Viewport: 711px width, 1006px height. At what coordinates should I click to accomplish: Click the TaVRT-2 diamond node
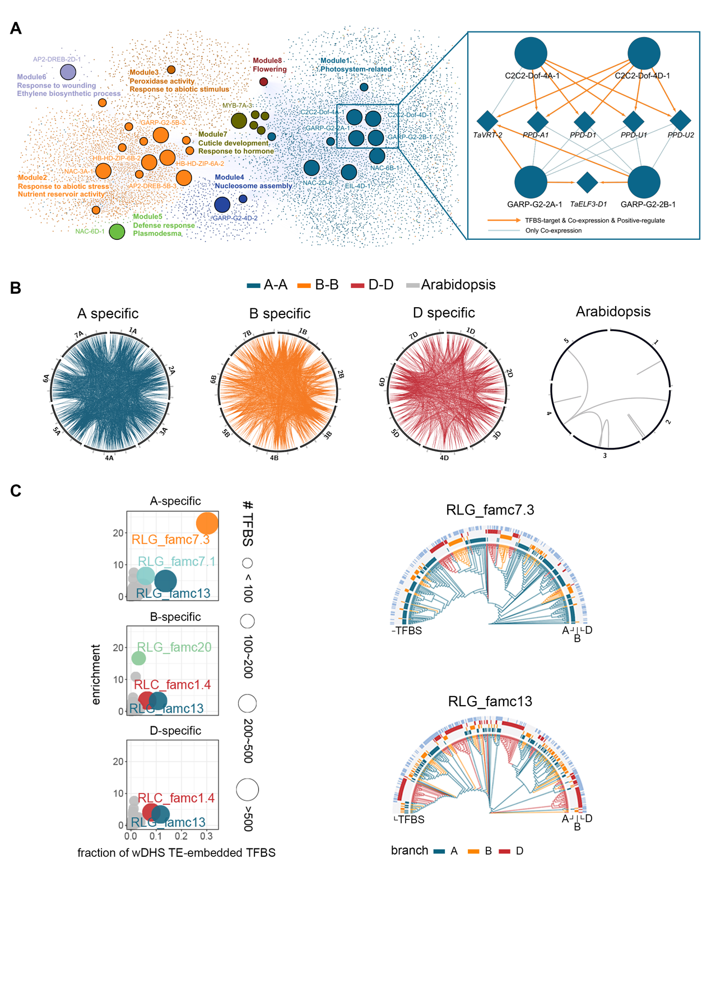tap(487, 120)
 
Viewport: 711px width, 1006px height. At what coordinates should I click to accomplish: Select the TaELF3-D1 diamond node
tap(587, 183)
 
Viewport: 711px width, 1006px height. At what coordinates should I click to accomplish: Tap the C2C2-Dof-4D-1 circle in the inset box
tap(644, 54)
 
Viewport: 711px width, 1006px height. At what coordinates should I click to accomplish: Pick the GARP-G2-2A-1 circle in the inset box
tap(531, 182)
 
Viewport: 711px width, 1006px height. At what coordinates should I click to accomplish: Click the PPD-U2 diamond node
tap(680, 120)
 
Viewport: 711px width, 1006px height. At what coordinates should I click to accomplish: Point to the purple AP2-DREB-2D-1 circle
tap(68, 72)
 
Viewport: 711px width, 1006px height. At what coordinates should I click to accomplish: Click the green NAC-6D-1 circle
tap(117, 231)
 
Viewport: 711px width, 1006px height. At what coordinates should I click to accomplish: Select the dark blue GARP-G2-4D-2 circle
tap(222, 205)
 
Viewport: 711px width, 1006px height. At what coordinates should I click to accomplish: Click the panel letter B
tap(16, 288)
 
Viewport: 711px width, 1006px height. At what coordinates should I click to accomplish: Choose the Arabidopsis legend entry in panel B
tap(451, 285)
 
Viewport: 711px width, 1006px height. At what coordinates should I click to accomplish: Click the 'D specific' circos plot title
tap(444, 313)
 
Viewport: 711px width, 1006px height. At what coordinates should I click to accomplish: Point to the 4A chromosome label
tap(109, 458)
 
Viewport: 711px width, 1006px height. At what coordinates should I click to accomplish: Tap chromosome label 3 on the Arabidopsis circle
tap(605, 456)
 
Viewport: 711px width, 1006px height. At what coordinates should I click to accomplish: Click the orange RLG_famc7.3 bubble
tap(207, 523)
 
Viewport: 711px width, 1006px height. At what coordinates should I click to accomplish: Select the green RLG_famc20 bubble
tap(138, 659)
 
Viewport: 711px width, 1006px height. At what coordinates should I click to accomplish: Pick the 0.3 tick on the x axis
tap(206, 836)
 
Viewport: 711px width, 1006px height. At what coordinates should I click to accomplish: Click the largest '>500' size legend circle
tap(247, 789)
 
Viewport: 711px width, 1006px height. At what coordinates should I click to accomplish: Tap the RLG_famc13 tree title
tap(490, 702)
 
